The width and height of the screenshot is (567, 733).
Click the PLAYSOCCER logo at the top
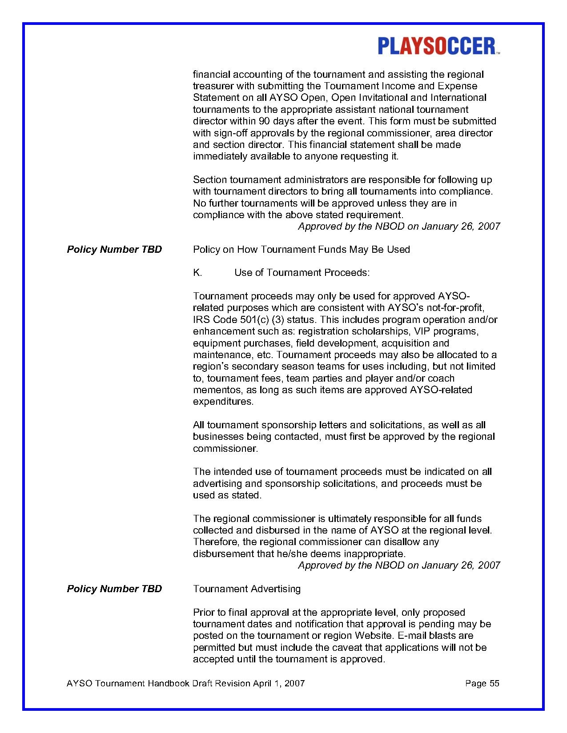pyautogui.click(x=438, y=46)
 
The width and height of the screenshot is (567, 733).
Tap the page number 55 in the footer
pyautogui.click(x=495, y=683)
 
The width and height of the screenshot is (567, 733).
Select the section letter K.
pyautogui.click(x=197, y=273)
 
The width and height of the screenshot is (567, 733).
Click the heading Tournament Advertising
pyautogui.click(x=247, y=589)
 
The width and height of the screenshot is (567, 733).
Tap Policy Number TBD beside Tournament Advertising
pyautogui.click(x=114, y=589)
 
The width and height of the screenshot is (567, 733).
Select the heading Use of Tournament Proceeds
pyautogui.click(x=302, y=273)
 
